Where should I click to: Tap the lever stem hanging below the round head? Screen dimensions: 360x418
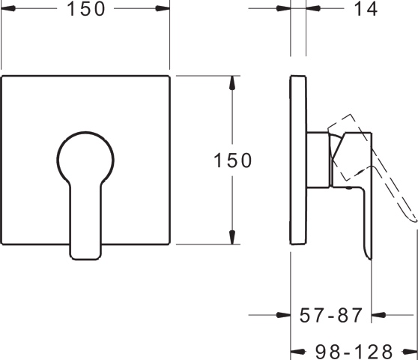(85, 225)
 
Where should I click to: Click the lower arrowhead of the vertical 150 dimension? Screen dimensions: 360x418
(233, 236)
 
